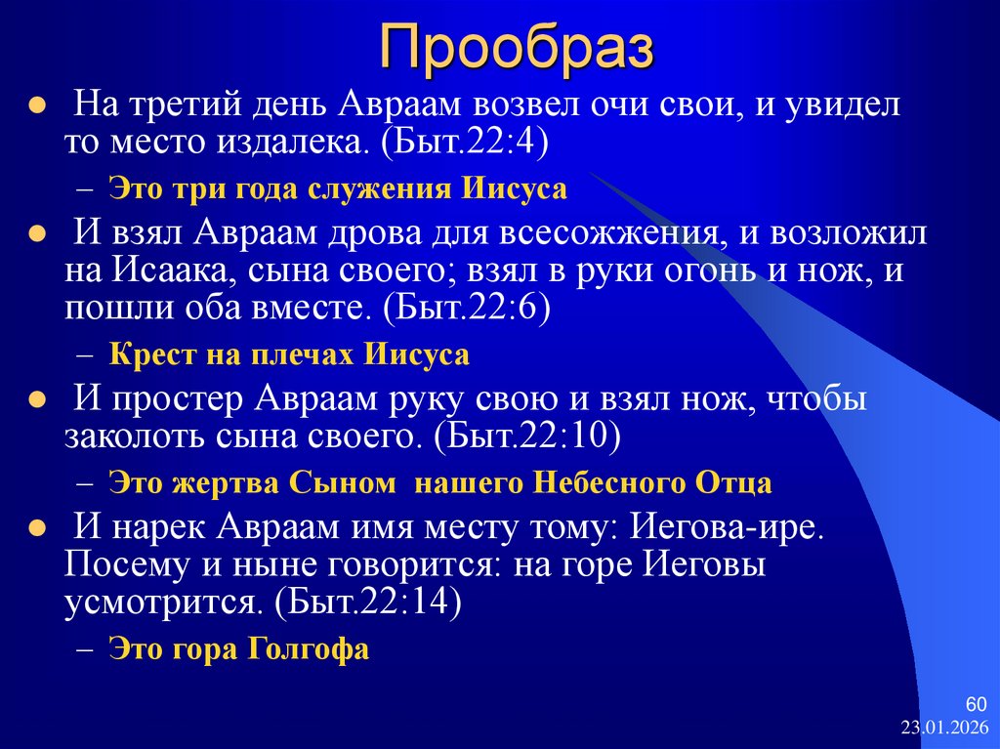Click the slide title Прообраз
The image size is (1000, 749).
pos(516,46)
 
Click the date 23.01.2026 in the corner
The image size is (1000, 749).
pos(944,728)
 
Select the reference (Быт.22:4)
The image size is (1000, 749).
pos(466,143)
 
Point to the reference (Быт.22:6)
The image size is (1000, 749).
pos(467,310)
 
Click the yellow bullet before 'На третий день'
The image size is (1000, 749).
pos(36,104)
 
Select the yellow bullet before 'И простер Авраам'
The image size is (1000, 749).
pos(36,400)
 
